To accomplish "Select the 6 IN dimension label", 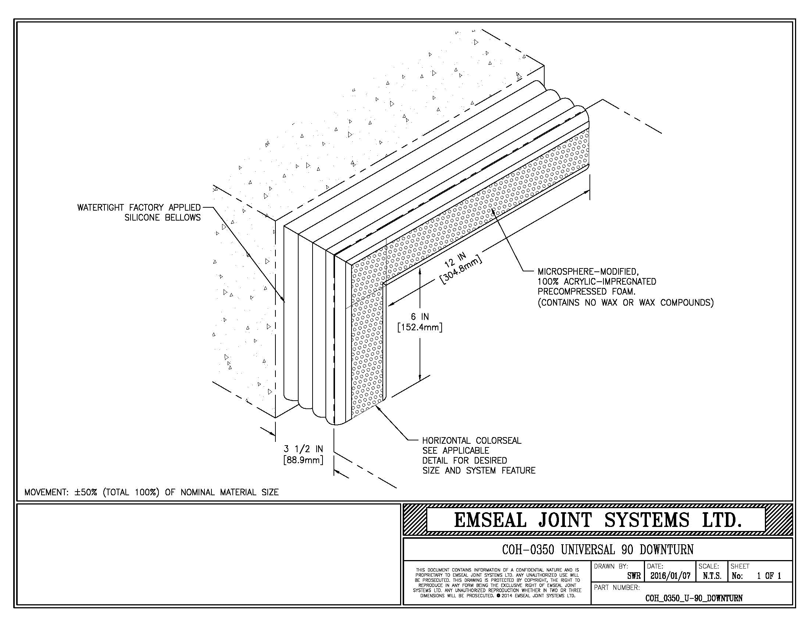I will (420, 317).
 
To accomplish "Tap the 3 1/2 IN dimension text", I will (303, 449).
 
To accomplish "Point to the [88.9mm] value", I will (303, 460).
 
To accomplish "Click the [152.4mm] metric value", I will (420, 328).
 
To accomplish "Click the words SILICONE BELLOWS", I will (162, 218).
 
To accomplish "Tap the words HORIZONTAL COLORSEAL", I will (471, 440).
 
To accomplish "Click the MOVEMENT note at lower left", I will (152, 492).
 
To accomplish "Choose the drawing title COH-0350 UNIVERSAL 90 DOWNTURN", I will (598, 549).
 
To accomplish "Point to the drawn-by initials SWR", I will (634, 576).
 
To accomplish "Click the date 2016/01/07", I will (670, 576).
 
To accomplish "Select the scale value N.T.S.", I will (712, 576).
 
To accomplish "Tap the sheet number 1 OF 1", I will (769, 576).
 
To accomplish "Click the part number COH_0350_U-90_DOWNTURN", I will (694, 598).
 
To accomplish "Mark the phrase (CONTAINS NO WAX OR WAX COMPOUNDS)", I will (626, 303).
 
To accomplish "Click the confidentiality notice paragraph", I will (497, 583).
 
